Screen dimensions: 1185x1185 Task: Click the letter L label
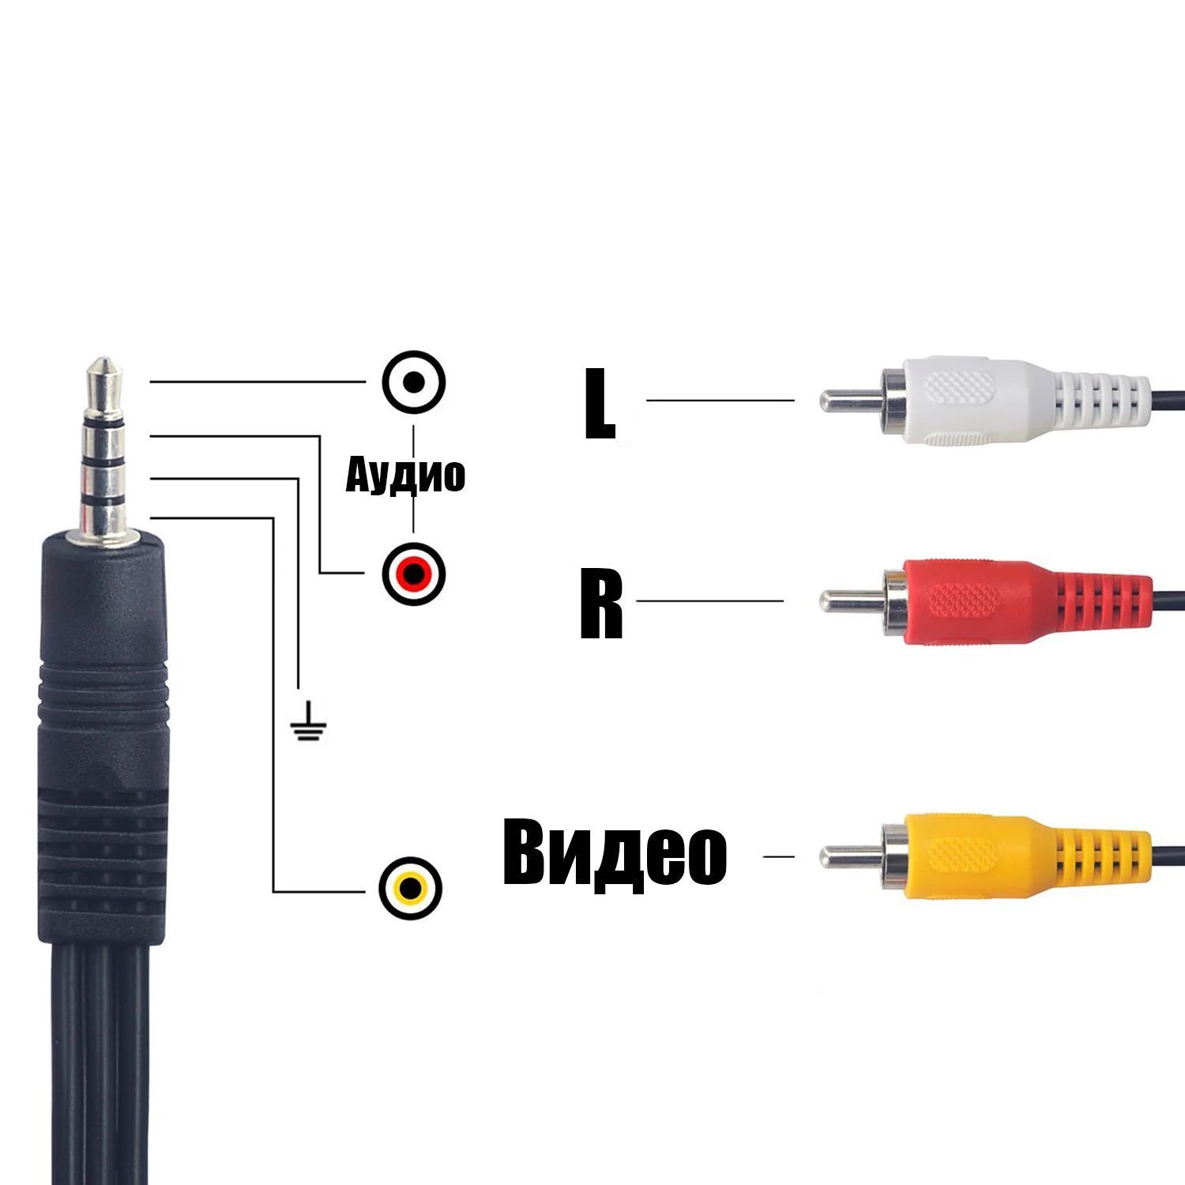tap(600, 402)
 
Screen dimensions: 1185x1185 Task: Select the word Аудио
tap(405, 475)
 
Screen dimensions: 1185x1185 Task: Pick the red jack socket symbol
tap(413, 573)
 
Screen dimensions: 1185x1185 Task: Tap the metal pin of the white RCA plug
tap(850, 400)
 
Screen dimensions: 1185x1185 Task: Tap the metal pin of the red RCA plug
tap(850, 601)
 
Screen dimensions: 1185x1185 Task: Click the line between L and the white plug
tap(720, 400)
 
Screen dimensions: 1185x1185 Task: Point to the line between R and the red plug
tap(709, 601)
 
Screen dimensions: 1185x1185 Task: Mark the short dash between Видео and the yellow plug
tap(778, 856)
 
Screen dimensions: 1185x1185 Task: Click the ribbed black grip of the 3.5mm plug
tap(103, 790)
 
